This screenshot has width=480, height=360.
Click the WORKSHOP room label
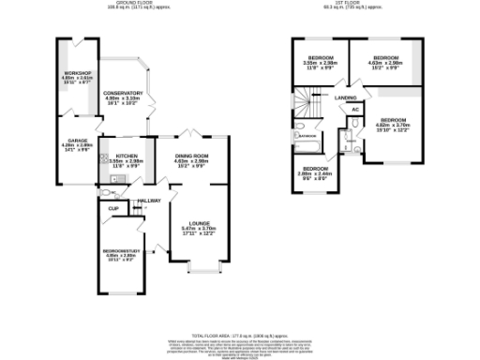pos(77,72)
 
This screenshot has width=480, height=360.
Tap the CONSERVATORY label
pos(122,93)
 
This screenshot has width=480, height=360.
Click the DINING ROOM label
pos(190,156)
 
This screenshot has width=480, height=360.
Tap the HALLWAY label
pos(150,201)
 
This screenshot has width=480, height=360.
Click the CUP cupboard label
pos(113,208)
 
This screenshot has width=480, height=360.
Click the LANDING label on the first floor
pos(345,97)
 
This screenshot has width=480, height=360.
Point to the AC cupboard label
pos(355,110)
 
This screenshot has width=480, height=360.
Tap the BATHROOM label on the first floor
pos(307,136)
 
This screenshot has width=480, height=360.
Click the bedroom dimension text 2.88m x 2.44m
pos(314,173)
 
